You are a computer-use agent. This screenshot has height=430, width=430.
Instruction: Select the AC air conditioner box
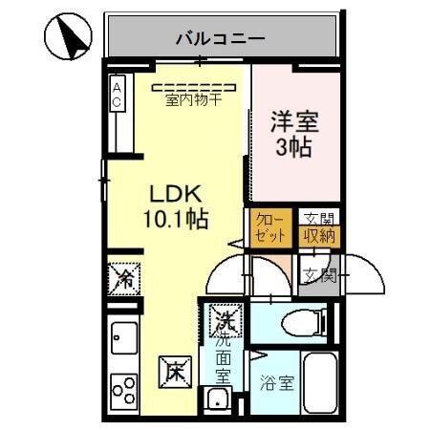tap(118, 95)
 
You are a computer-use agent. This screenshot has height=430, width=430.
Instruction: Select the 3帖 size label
tap(293, 149)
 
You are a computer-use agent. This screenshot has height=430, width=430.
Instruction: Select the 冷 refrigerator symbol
tap(123, 278)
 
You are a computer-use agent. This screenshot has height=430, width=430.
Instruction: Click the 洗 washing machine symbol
tap(226, 317)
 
